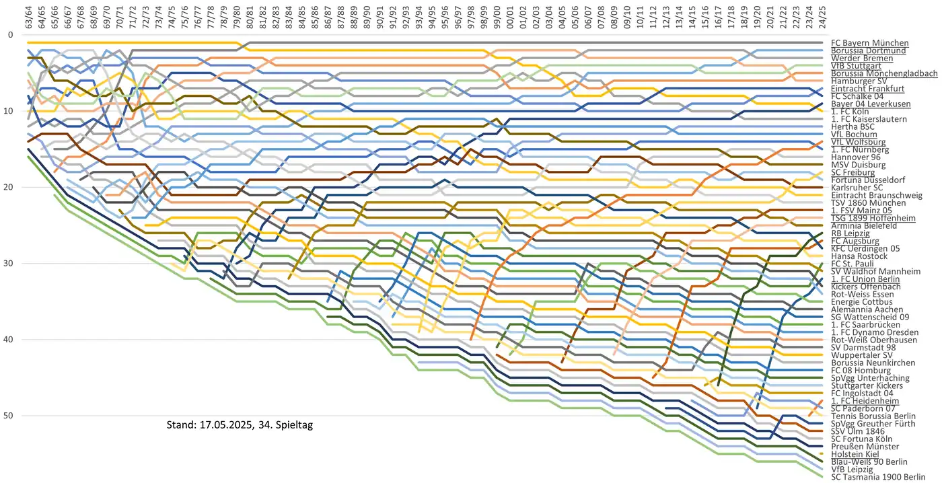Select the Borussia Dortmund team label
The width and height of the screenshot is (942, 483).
point(868,50)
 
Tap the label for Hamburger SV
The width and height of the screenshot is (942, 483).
point(861,81)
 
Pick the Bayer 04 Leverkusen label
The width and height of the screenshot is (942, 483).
point(871,104)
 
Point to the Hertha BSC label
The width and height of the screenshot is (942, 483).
point(853,126)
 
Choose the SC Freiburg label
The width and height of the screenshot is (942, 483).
point(853,172)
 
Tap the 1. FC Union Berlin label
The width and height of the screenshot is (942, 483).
point(865,278)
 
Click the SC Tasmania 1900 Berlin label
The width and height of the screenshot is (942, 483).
point(873,477)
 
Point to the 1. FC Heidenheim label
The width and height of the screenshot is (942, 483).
point(865,400)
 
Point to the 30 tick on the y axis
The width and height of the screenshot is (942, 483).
point(9,263)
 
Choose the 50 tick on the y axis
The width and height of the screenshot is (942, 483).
point(9,416)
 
